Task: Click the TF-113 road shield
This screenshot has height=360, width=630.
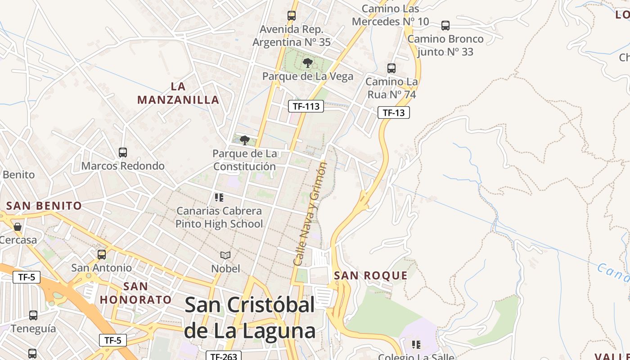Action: (x=306, y=106)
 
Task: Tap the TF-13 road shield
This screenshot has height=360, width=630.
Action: (x=394, y=112)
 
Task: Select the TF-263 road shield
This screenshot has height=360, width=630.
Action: (x=224, y=356)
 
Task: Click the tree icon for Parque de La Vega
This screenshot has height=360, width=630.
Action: (x=308, y=63)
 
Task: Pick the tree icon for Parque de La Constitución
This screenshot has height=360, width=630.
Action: (x=245, y=140)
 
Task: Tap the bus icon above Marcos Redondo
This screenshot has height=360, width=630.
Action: (x=123, y=153)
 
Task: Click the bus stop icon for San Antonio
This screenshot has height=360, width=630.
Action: (x=102, y=255)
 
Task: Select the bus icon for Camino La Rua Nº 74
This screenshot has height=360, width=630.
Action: (x=391, y=68)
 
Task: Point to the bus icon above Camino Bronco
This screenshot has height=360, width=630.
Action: (x=445, y=26)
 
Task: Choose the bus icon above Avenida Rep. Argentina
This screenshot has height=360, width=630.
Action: (x=292, y=16)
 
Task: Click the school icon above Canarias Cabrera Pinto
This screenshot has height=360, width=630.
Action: (x=219, y=198)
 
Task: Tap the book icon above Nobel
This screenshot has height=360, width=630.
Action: (x=225, y=256)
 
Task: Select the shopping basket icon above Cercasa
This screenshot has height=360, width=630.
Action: (x=18, y=227)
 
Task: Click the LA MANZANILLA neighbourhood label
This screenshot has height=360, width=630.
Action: (x=178, y=93)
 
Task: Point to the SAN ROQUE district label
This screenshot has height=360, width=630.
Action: (x=371, y=275)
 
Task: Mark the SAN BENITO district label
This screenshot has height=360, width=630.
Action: (x=44, y=206)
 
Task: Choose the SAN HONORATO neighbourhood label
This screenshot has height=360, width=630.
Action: (x=135, y=293)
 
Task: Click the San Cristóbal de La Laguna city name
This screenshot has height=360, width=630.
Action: (x=250, y=318)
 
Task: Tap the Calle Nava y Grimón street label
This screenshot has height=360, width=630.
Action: (x=310, y=213)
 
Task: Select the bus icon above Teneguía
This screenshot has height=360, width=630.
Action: (x=33, y=315)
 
